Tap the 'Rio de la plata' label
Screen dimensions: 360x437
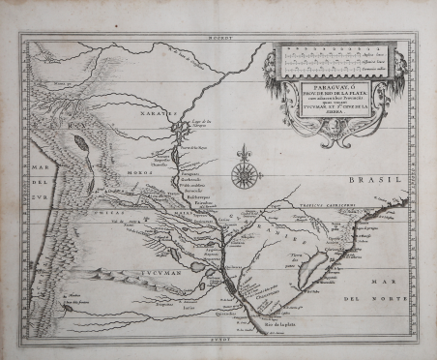pos(275,327)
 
